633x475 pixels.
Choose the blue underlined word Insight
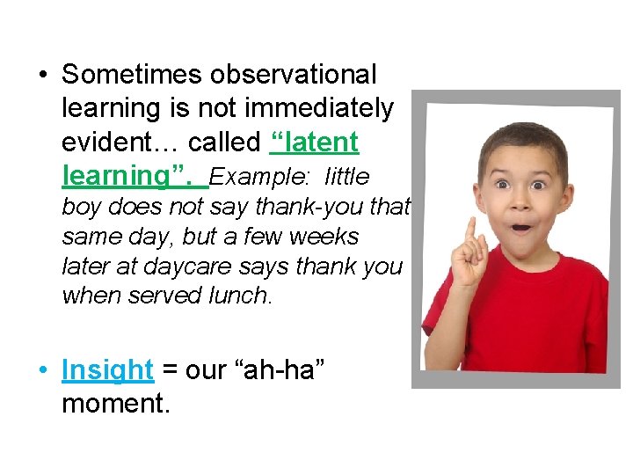tap(107, 369)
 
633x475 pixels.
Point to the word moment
tap(115, 404)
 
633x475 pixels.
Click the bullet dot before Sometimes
tap(44, 75)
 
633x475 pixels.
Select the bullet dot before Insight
tap(44, 370)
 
